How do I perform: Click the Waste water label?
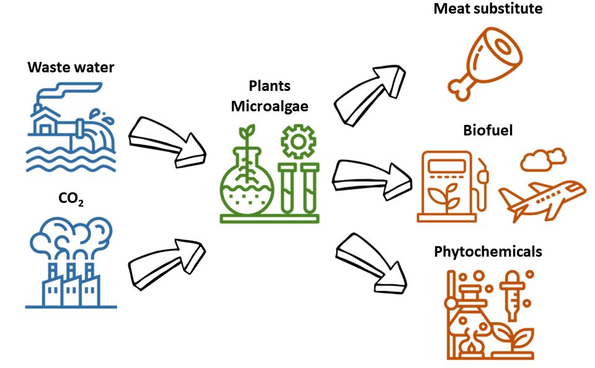point(71,67)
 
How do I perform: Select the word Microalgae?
point(270,106)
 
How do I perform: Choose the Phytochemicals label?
point(488,252)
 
